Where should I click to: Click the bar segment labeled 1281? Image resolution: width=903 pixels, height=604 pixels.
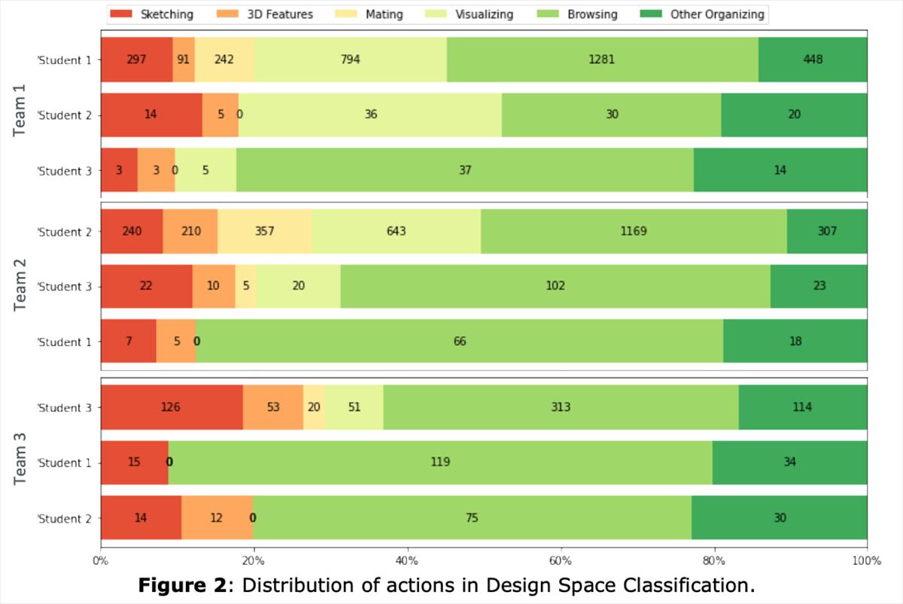pos(602,59)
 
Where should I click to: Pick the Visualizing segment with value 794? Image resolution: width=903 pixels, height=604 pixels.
pos(350,59)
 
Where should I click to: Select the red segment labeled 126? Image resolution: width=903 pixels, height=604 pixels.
pos(172,408)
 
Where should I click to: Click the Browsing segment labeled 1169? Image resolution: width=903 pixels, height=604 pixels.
pos(634,231)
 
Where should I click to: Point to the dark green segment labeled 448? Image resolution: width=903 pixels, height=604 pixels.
pos(813,59)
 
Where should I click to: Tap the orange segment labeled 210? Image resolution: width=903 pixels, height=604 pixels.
pos(190,231)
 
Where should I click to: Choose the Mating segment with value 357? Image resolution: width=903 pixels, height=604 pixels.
pos(264,231)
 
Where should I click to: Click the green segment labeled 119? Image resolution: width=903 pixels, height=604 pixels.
pos(440,463)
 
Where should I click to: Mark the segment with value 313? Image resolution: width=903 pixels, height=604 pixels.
pos(561,408)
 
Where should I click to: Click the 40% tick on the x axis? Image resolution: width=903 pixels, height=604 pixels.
pos(407,560)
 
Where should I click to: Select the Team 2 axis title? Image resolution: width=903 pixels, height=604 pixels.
pos(20,286)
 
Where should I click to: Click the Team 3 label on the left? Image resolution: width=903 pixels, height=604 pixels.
pos(20,463)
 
